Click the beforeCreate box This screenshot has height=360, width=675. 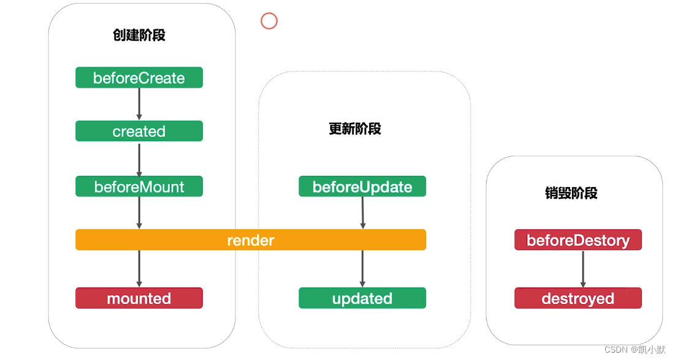pyautogui.click(x=139, y=78)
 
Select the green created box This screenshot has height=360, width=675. pyautogui.click(x=139, y=131)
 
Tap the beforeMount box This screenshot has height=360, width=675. pyautogui.click(x=139, y=186)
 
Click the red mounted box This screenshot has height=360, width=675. pyautogui.click(x=139, y=299)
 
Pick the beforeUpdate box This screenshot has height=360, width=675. pyautogui.click(x=362, y=186)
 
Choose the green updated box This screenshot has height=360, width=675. pyautogui.click(x=362, y=299)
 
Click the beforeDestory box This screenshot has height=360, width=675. pyautogui.click(x=578, y=240)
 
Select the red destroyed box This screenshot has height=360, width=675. pyautogui.click(x=578, y=299)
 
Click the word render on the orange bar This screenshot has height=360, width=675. pyautogui.click(x=251, y=240)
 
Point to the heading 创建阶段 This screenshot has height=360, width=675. pyautogui.click(x=139, y=35)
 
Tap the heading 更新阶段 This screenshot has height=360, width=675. pyautogui.click(x=355, y=129)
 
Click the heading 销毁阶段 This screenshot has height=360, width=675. pyautogui.click(x=571, y=193)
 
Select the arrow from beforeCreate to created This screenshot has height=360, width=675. pyautogui.click(x=139, y=104)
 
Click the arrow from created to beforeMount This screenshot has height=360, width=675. pyautogui.click(x=139, y=159)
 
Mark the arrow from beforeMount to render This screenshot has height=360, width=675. pyautogui.click(x=139, y=213)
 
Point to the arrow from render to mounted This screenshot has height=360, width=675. pyautogui.click(x=139, y=269)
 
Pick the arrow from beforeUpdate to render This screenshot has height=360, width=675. pyautogui.click(x=362, y=213)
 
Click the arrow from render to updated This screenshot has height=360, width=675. pyautogui.click(x=362, y=269)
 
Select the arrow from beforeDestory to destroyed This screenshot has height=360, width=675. pyautogui.click(x=582, y=269)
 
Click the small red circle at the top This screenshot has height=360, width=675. pyautogui.click(x=269, y=21)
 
